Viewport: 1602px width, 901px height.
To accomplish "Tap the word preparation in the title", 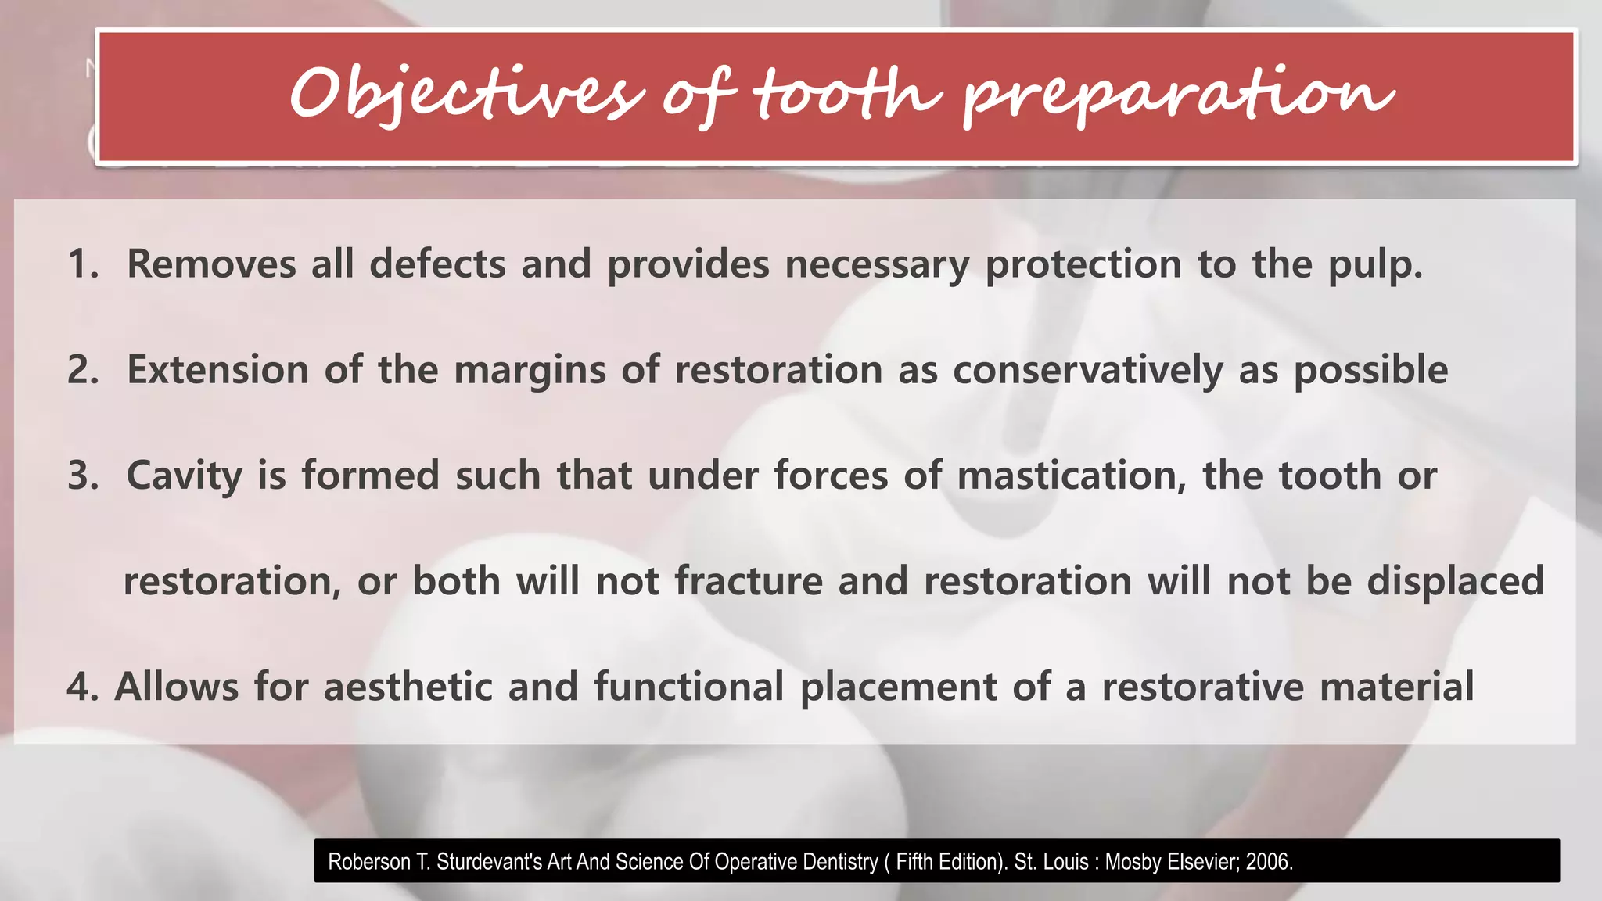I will [x=1177, y=95].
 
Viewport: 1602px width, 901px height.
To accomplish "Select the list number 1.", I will [x=82, y=264].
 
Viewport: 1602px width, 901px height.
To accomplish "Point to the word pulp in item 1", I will [x=1374, y=265].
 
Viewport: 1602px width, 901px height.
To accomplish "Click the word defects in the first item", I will [x=437, y=264].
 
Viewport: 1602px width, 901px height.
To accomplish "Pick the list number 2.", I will [x=82, y=369].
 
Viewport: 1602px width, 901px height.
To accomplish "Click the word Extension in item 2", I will [x=217, y=369].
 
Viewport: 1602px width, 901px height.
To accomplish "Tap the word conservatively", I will [x=1087, y=371].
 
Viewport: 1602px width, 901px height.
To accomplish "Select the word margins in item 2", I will [x=530, y=371].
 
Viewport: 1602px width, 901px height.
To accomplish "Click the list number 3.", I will [x=82, y=475].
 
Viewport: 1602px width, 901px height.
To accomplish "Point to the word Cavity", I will [x=184, y=476].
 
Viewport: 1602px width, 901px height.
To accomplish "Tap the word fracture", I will [x=749, y=581].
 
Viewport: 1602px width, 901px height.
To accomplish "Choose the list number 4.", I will [x=82, y=687].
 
